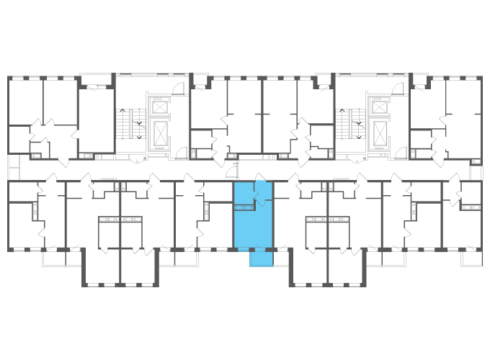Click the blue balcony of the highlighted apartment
[261, 258]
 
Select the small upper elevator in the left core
[159, 107]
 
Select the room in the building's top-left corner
[25, 101]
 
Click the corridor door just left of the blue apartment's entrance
[231, 171]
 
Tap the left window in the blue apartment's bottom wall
[243, 250]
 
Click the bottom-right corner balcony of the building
[472, 258]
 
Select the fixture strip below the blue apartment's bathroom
[244, 207]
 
